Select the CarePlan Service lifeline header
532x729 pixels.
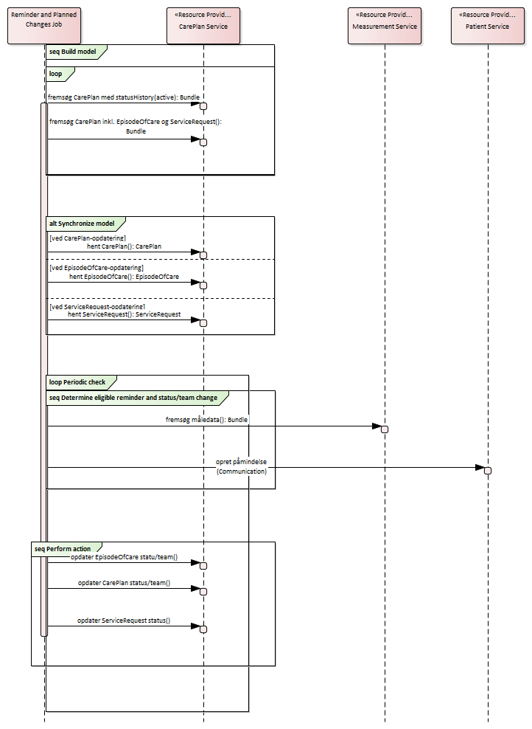click(x=203, y=26)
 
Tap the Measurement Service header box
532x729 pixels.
click(x=385, y=26)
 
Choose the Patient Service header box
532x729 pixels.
click(x=487, y=26)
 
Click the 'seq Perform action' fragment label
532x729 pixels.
click(x=63, y=548)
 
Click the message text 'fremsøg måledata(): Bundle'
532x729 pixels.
click(x=206, y=419)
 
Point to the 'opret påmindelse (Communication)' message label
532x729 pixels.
click(x=242, y=466)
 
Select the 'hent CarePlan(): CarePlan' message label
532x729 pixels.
click(x=124, y=246)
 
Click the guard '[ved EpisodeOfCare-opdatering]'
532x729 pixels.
click(x=97, y=268)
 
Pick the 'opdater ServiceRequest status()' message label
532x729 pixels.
click(x=124, y=621)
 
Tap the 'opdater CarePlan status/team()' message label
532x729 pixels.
click(x=124, y=583)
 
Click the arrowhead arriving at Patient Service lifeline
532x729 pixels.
click(x=480, y=468)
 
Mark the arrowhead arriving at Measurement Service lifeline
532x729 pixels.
click(x=377, y=426)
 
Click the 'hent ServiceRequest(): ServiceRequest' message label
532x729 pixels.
click(x=125, y=314)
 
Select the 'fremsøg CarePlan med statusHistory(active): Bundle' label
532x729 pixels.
click(x=124, y=97)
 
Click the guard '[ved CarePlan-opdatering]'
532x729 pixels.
click(x=88, y=238)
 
